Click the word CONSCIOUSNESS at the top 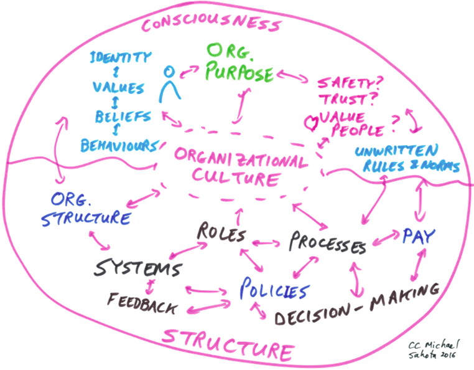(x=211, y=22)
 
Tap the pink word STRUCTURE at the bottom (x=227, y=344)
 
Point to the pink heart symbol (x=311, y=123)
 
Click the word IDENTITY (x=120, y=57)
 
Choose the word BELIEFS (x=123, y=116)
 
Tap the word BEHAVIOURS (x=119, y=146)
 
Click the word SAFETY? (x=350, y=82)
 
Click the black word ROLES (x=221, y=233)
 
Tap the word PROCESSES (x=328, y=242)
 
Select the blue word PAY (x=419, y=236)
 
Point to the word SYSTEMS (x=139, y=268)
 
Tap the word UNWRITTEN (x=397, y=150)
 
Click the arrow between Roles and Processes (x=266, y=242)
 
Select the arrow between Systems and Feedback (x=150, y=286)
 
